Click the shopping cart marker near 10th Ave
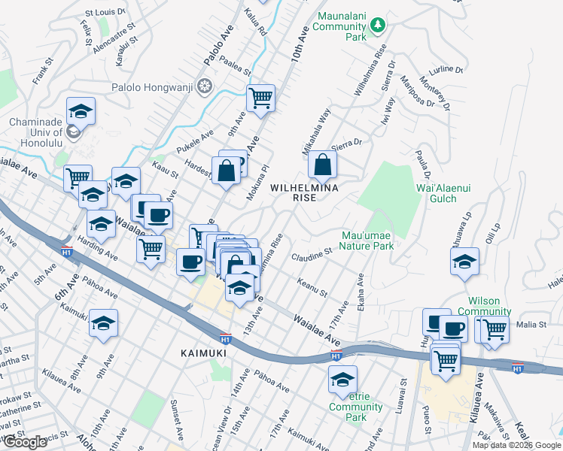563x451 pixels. click(x=260, y=97)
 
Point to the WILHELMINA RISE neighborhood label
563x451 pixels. click(x=303, y=192)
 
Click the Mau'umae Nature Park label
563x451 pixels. click(x=367, y=241)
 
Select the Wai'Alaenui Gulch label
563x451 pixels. click(x=443, y=193)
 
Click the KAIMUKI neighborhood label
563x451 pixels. click(x=203, y=352)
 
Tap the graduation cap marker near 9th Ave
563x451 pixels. click(x=104, y=322)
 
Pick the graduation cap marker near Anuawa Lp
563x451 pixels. click(x=464, y=261)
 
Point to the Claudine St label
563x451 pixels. click(x=312, y=254)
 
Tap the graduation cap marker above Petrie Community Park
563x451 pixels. click(x=342, y=378)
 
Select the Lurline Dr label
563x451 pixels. click(x=447, y=69)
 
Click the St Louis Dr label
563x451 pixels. click(x=105, y=13)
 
